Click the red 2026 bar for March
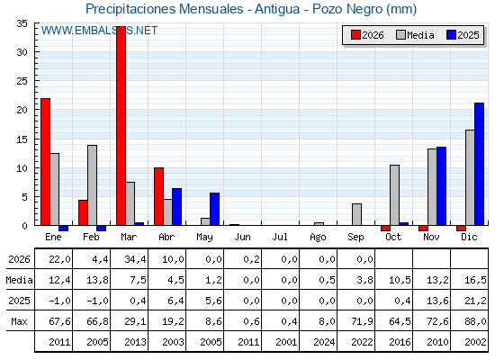point(121,126)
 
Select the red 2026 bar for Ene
point(45,162)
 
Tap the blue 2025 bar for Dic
point(479,164)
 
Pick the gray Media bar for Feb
point(92,185)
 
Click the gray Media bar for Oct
point(395,195)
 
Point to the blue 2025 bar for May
point(215,209)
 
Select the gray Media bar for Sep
point(356,214)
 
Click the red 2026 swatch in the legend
point(355,35)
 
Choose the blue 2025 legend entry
point(463,35)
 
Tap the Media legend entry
point(415,35)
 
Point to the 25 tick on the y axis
point(22,81)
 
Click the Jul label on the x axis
point(280,237)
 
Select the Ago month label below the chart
point(318,238)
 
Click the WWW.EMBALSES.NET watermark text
point(99,31)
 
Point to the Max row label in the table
point(19,321)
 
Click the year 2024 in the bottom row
point(324,342)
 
